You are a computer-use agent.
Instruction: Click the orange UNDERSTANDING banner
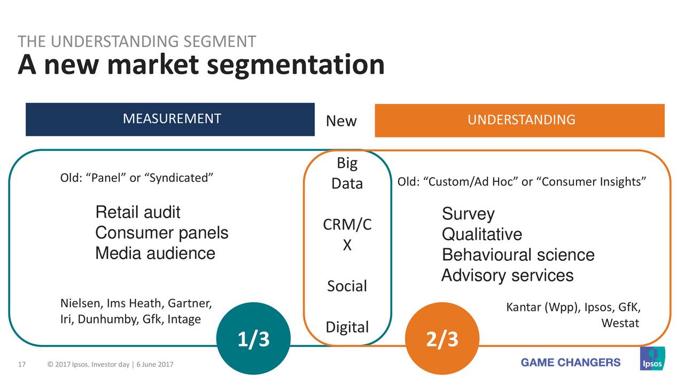click(x=519, y=120)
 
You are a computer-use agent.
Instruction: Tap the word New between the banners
click(x=341, y=121)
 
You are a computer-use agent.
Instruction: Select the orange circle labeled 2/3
click(x=442, y=339)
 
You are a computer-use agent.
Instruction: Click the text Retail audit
click(x=137, y=213)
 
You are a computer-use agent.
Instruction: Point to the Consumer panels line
click(x=161, y=233)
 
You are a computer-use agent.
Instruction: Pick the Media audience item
click(x=155, y=253)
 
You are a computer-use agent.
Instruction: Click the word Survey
click(x=468, y=214)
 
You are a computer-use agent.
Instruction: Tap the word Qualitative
click(x=481, y=235)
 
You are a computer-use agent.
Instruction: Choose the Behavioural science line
click(x=518, y=255)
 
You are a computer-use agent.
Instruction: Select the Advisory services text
click(x=507, y=276)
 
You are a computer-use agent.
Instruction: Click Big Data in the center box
click(x=347, y=173)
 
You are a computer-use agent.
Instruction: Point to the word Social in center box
click(x=347, y=287)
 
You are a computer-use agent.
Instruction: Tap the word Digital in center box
click(x=347, y=327)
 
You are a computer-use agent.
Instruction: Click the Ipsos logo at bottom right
click(x=652, y=359)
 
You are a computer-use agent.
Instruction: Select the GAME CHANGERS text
click(x=571, y=363)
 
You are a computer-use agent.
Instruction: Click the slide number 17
click(x=22, y=365)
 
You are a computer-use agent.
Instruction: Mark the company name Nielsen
click(x=77, y=304)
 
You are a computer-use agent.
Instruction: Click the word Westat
click(x=620, y=324)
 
